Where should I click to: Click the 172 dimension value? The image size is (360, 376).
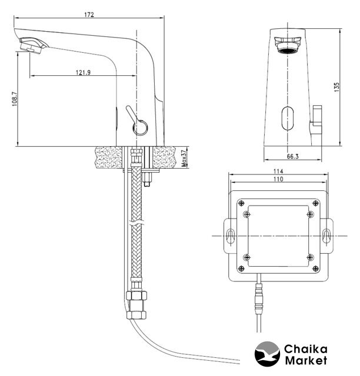[x=89, y=15]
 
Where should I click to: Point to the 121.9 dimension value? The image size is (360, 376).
[x=84, y=72]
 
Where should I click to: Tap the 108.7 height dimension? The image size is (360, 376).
[x=15, y=99]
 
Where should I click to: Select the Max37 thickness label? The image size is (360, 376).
[x=184, y=159]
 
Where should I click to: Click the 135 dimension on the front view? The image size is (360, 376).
[x=336, y=87]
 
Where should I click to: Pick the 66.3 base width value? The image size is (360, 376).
[x=292, y=157]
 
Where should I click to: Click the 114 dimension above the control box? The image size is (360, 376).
[x=278, y=171]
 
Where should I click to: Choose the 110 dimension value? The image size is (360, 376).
[x=278, y=179]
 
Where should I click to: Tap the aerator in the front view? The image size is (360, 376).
[x=288, y=45]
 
